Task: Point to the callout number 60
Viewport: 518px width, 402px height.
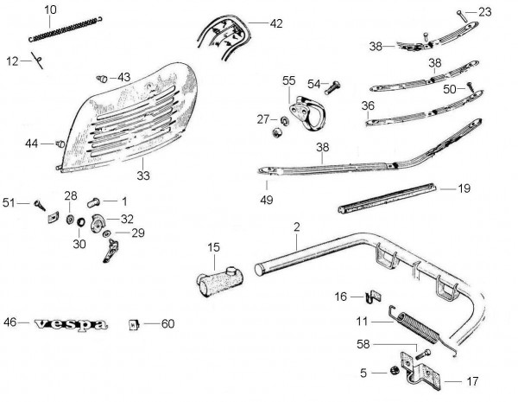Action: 167,324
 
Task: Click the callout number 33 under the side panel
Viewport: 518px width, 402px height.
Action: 144,175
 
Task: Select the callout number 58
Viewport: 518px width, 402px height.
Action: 362,345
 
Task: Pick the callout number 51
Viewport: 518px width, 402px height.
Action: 10,203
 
